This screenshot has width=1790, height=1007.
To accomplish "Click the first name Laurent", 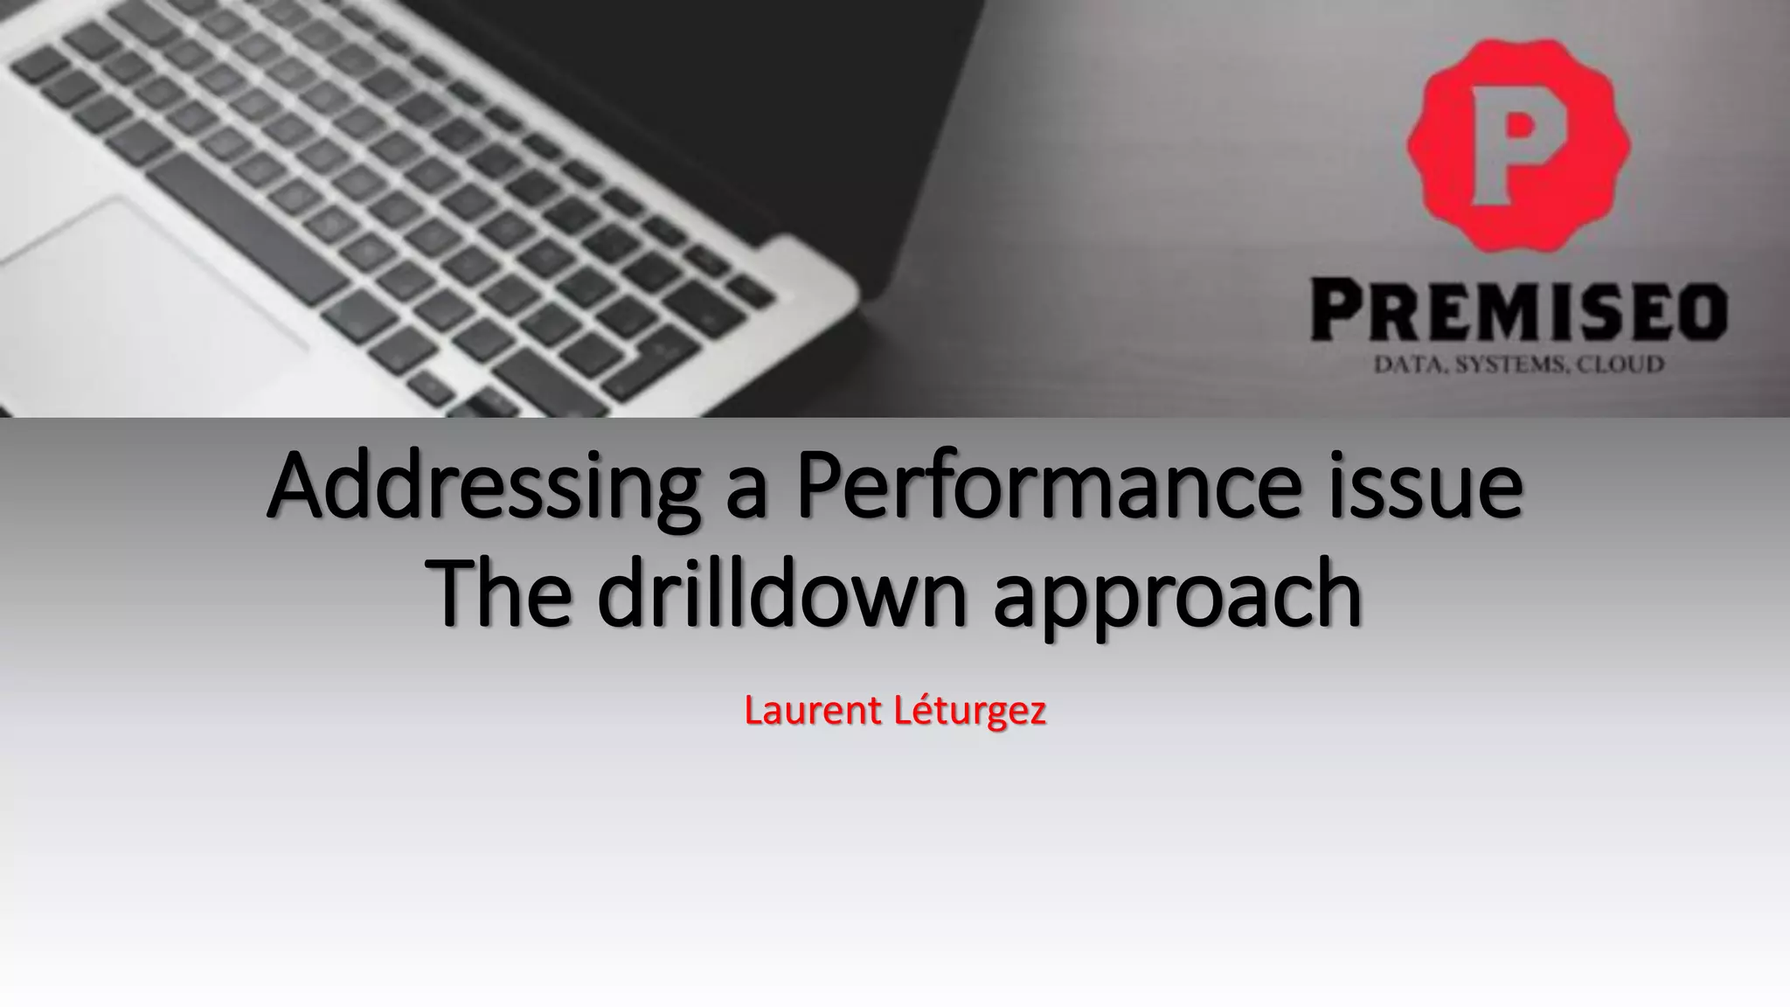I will click(x=813, y=711).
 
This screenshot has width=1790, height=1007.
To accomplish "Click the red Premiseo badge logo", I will click(x=1519, y=145).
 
